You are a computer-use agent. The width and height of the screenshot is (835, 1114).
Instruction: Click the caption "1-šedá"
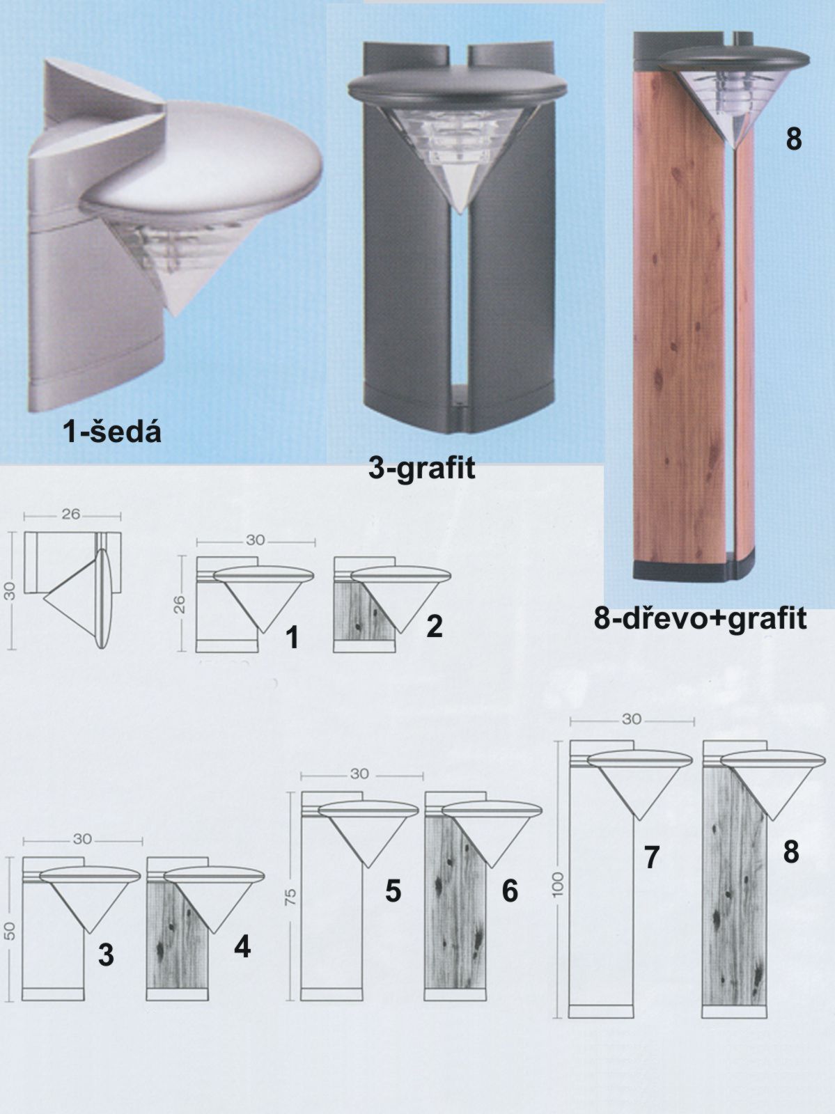[x=111, y=433]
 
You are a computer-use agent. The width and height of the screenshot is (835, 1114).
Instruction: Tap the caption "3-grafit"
[x=422, y=468]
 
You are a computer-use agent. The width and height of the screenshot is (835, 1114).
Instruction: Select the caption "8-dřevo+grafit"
[x=701, y=619]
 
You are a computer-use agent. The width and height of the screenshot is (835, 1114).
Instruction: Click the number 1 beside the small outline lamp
[x=291, y=638]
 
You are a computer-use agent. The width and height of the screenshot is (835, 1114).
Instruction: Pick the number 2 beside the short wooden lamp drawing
[x=434, y=626]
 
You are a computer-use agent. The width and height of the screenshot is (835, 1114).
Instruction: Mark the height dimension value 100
[x=558, y=885]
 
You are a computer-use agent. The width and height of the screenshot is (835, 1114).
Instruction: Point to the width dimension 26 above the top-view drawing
[x=71, y=514]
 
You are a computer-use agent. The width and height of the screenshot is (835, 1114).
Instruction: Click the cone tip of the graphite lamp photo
[x=460, y=213]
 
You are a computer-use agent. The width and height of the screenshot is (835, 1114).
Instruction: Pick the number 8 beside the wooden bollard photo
[x=794, y=139]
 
